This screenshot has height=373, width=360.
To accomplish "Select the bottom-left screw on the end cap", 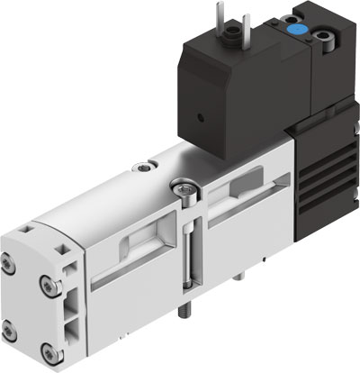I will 9,325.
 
